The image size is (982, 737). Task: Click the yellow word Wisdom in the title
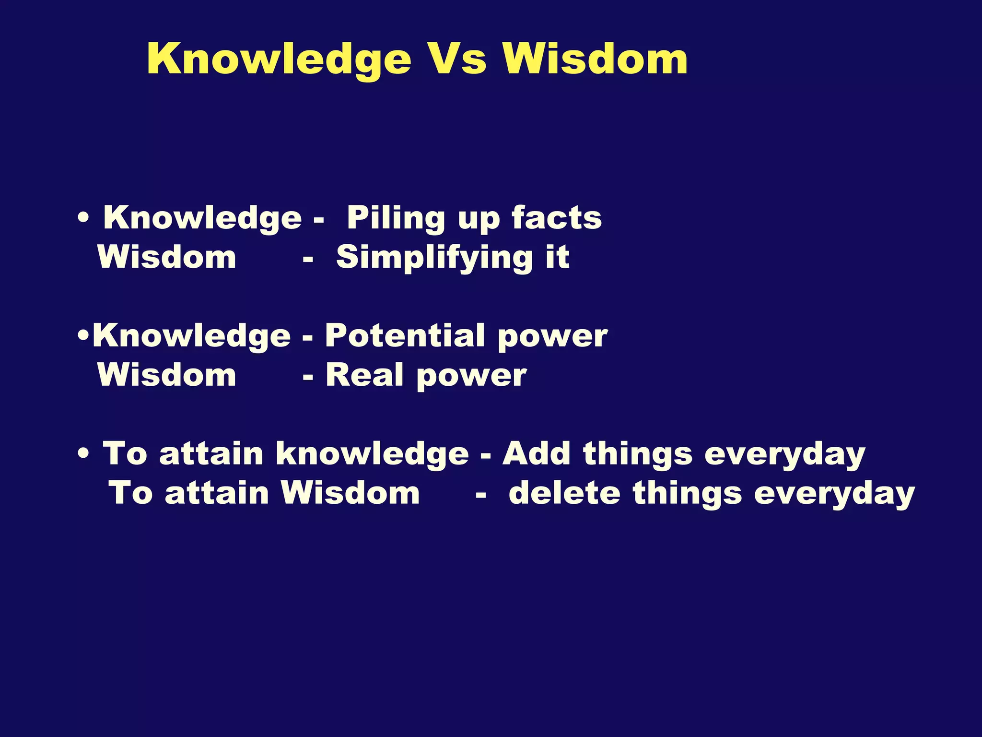point(595,59)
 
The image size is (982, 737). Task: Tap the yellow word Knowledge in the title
point(279,59)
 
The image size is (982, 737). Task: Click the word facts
point(556,218)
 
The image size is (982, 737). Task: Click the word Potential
point(405,335)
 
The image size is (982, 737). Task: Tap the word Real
point(364,375)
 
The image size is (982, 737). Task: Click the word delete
point(564,493)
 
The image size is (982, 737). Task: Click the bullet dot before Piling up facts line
point(84,218)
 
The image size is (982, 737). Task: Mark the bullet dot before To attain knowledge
point(84,453)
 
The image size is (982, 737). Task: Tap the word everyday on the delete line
point(834,494)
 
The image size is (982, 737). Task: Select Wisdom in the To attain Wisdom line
point(350,493)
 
